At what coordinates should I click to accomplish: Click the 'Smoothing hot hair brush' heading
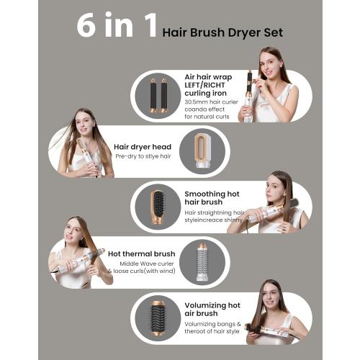tap(215, 199)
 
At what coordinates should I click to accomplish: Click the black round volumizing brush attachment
tap(158, 317)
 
